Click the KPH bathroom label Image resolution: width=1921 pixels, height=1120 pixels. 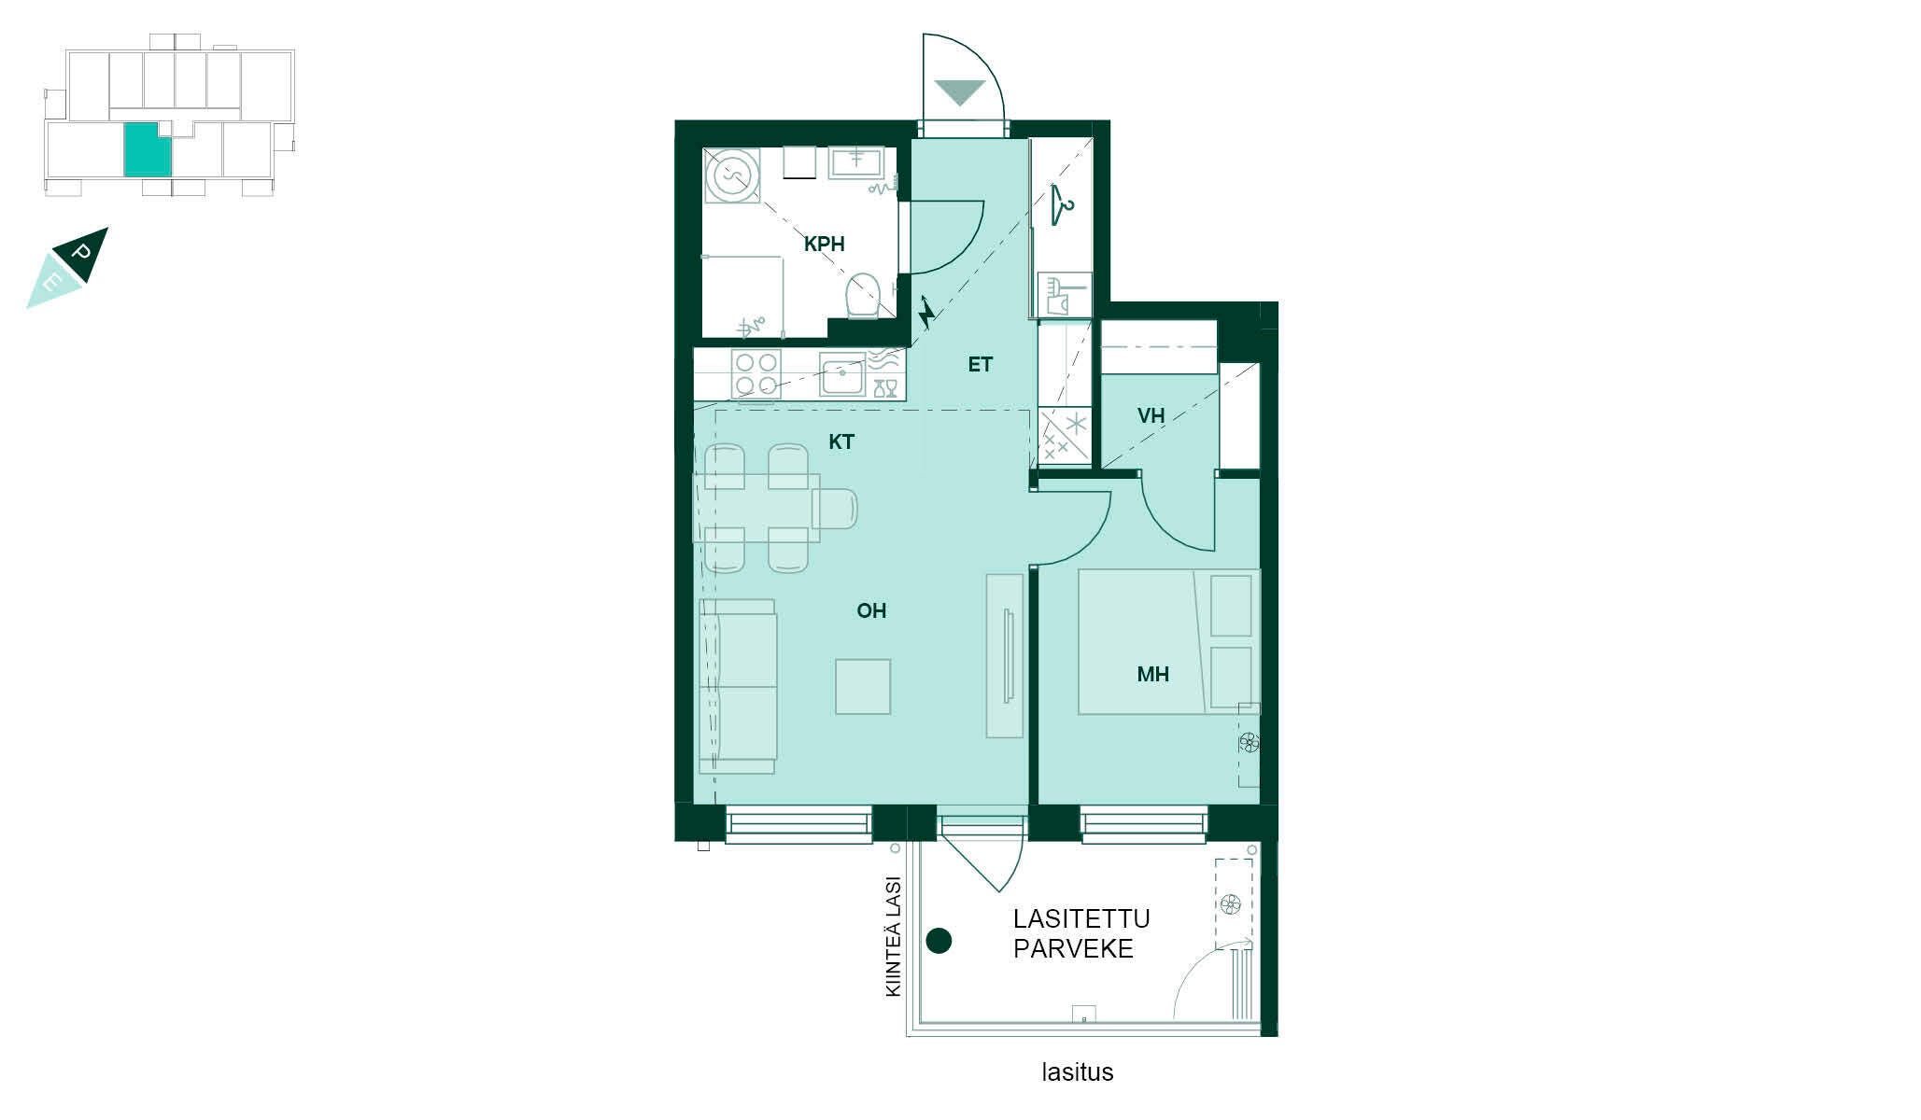824,245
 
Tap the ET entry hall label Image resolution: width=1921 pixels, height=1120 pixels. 980,365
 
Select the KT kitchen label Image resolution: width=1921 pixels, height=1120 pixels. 841,442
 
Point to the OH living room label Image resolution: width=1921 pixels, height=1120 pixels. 871,611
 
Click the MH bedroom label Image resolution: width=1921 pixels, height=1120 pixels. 1153,674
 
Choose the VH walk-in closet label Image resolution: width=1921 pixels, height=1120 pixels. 1151,416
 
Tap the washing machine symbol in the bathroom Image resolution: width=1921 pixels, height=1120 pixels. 733,175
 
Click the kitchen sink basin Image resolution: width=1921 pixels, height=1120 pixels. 842,375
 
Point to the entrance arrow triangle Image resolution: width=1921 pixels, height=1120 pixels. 960,93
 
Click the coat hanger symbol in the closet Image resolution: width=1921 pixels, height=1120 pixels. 1060,205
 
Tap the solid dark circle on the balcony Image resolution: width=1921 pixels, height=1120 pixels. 939,941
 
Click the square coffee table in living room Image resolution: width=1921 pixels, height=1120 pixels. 863,687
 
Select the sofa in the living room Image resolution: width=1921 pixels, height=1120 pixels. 738,687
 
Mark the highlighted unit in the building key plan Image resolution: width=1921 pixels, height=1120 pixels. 147,149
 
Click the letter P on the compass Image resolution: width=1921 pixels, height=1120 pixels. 82,252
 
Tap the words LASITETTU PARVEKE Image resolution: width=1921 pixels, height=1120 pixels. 1081,933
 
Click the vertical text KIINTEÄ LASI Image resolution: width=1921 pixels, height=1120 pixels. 894,936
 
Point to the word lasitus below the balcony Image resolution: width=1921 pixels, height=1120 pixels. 1078,1072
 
